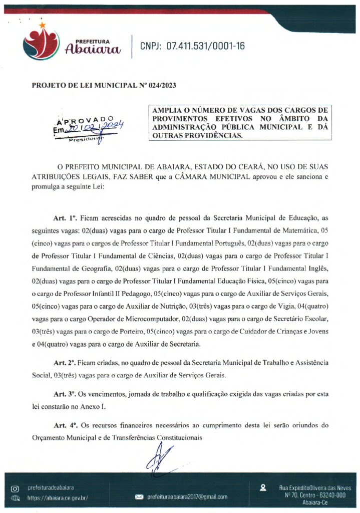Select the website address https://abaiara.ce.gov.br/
(58, 498)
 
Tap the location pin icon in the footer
(263, 486)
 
